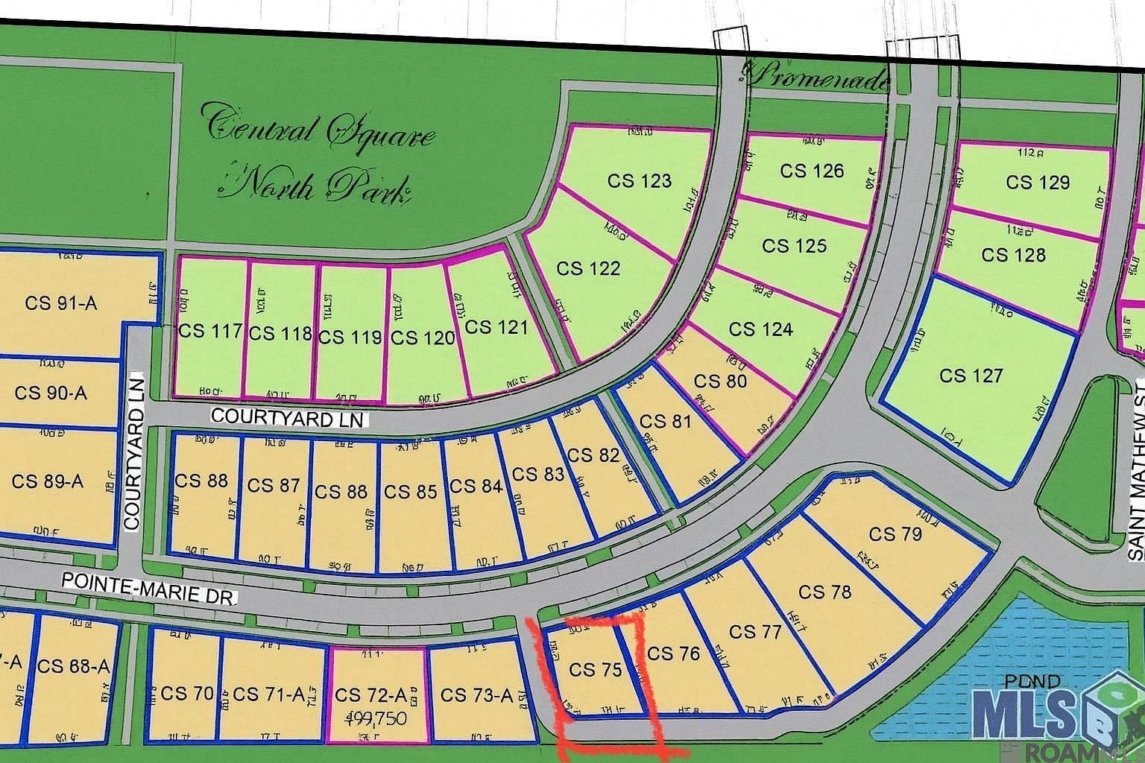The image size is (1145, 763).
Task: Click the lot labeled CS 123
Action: click(x=640, y=181)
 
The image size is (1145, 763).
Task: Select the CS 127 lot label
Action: click(x=971, y=376)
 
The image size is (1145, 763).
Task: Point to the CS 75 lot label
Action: click(x=595, y=670)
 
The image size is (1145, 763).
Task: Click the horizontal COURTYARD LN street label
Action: click(x=287, y=417)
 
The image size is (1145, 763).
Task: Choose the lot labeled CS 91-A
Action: click(x=61, y=303)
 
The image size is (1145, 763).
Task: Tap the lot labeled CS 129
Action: click(x=1038, y=183)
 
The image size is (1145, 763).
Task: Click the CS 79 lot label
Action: click(x=895, y=534)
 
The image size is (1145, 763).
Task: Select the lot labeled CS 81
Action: click(x=666, y=422)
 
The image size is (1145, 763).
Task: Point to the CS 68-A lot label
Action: click(x=73, y=666)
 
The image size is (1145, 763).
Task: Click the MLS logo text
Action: click(x=1044, y=714)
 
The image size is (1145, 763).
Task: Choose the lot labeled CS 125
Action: click(x=795, y=246)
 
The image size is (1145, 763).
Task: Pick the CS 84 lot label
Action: click(x=476, y=487)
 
